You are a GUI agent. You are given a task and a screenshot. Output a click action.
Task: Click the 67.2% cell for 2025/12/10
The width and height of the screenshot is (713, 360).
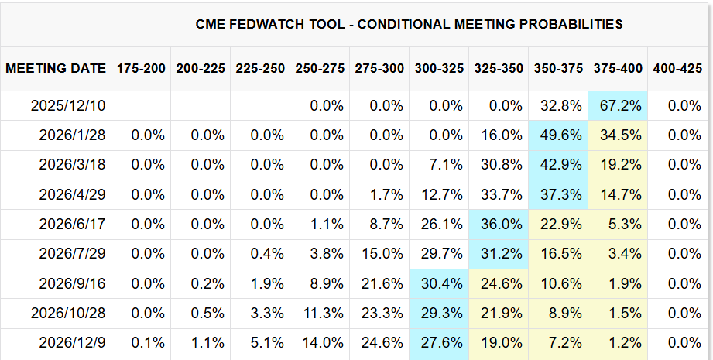pyautogui.click(x=618, y=105)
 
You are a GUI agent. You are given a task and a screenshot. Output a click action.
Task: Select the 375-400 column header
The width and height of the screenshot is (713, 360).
pyautogui.click(x=618, y=68)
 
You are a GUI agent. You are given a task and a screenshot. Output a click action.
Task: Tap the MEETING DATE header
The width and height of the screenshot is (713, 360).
pyautogui.click(x=56, y=68)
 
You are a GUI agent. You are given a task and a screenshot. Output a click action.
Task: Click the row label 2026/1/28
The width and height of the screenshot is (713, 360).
pyautogui.click(x=73, y=135)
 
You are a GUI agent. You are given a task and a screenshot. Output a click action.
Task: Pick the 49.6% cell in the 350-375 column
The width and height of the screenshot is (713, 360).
pyautogui.click(x=558, y=135)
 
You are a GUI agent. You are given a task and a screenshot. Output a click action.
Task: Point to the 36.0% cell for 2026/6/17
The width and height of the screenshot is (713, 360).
pyautogui.click(x=499, y=224)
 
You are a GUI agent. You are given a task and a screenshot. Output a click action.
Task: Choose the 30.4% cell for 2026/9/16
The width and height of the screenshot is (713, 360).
pyautogui.click(x=439, y=283)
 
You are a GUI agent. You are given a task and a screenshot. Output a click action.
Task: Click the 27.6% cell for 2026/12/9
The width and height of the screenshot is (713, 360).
pyautogui.click(x=439, y=342)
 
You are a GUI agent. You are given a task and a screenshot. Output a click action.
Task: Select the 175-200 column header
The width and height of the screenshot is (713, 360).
pyautogui.click(x=141, y=68)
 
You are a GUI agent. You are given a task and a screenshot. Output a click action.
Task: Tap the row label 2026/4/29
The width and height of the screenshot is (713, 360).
pyautogui.click(x=73, y=194)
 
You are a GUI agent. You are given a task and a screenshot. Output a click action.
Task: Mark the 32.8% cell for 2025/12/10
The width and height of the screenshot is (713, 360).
pyautogui.click(x=558, y=105)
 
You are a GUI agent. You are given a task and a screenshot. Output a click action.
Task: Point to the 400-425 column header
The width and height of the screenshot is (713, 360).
pyautogui.click(x=677, y=68)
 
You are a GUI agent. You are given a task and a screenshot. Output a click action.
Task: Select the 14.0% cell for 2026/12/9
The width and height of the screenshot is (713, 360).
pyautogui.click(x=320, y=342)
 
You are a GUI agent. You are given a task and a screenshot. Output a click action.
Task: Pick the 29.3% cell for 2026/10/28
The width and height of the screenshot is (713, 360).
pyautogui.click(x=439, y=313)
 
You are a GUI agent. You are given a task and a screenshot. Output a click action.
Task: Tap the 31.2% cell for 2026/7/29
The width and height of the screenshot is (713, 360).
pyautogui.click(x=499, y=254)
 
